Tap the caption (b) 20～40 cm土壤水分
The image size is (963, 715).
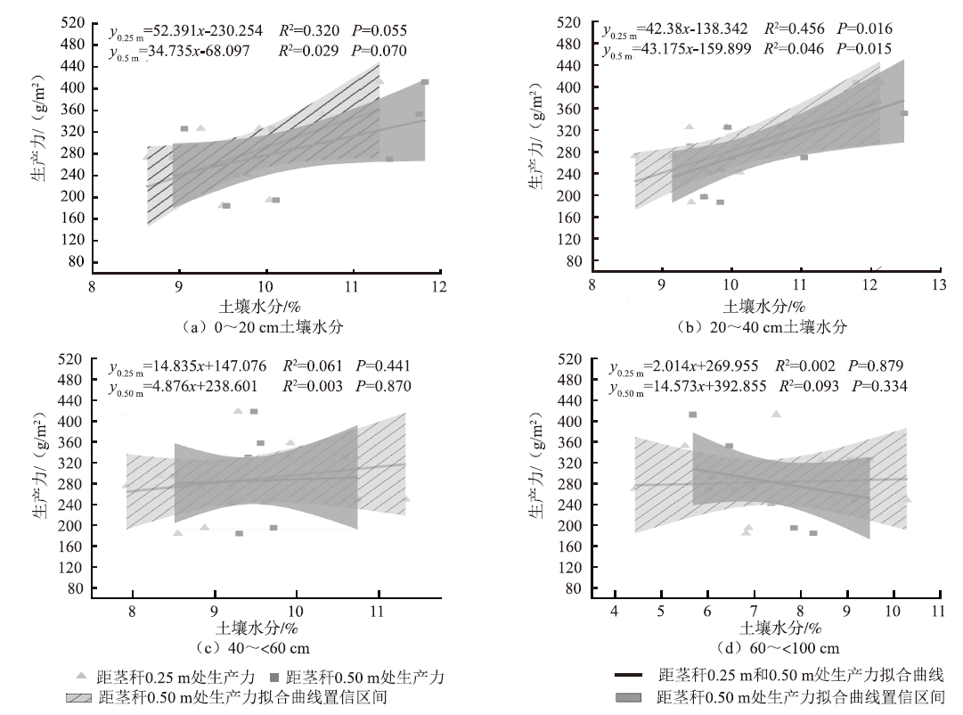(x=763, y=326)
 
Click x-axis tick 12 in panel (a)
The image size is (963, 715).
(x=438, y=286)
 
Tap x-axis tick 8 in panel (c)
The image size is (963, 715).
(x=133, y=611)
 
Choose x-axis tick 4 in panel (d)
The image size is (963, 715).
(x=614, y=611)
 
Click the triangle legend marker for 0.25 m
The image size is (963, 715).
(x=81, y=677)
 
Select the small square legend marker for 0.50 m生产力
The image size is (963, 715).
(x=274, y=677)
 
